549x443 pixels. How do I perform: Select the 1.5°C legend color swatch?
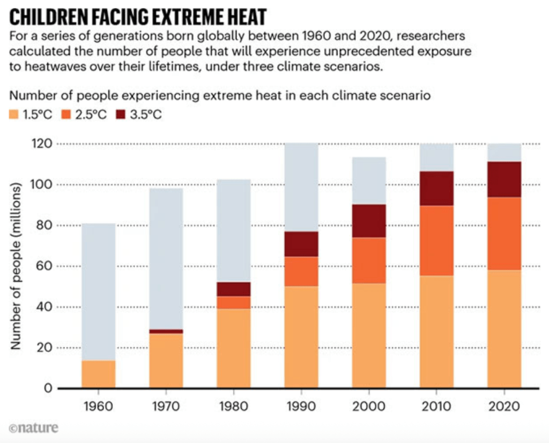point(16,115)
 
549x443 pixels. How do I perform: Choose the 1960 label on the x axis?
point(99,406)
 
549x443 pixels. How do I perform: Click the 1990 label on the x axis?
point(301,406)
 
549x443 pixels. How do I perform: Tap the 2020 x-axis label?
point(504,406)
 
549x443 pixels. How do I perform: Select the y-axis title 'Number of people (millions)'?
point(16,266)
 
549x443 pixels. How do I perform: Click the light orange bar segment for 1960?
point(99,374)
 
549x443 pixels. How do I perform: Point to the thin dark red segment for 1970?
point(166,332)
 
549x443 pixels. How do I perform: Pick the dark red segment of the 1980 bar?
point(234,289)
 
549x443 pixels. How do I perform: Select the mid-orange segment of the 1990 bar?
point(301,272)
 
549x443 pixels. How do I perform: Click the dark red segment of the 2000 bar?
point(369,221)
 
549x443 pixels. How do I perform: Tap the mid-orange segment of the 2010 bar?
point(436,241)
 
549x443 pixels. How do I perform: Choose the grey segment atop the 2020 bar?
point(504,153)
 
